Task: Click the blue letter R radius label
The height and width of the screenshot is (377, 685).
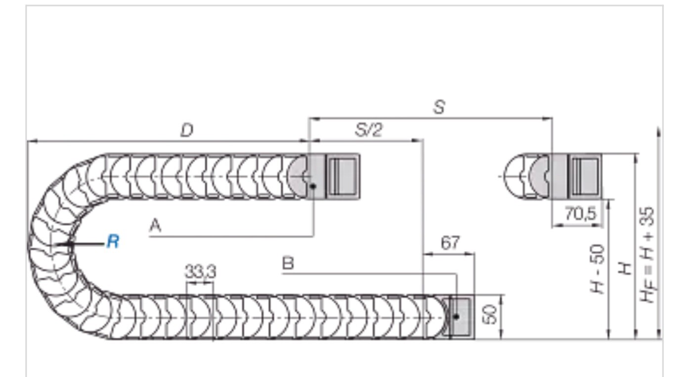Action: (x=113, y=242)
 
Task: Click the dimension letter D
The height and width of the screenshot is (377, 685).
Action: (x=186, y=130)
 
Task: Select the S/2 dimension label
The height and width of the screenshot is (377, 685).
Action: (x=369, y=130)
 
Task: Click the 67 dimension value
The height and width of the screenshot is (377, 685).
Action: (x=449, y=243)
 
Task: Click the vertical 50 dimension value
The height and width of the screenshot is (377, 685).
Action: (x=489, y=315)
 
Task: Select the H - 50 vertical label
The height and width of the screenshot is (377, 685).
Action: (x=598, y=269)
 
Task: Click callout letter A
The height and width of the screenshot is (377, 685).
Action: (x=155, y=226)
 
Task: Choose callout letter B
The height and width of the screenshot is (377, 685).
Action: (x=288, y=263)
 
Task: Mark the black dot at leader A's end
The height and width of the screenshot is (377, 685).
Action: (x=314, y=187)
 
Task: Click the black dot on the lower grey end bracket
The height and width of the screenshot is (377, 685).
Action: (x=456, y=316)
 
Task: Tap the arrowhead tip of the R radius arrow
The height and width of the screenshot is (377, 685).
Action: (x=55, y=244)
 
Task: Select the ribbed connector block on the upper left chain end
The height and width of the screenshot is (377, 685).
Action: (x=342, y=176)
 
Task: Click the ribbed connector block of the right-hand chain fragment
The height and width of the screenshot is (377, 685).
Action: (x=585, y=176)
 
